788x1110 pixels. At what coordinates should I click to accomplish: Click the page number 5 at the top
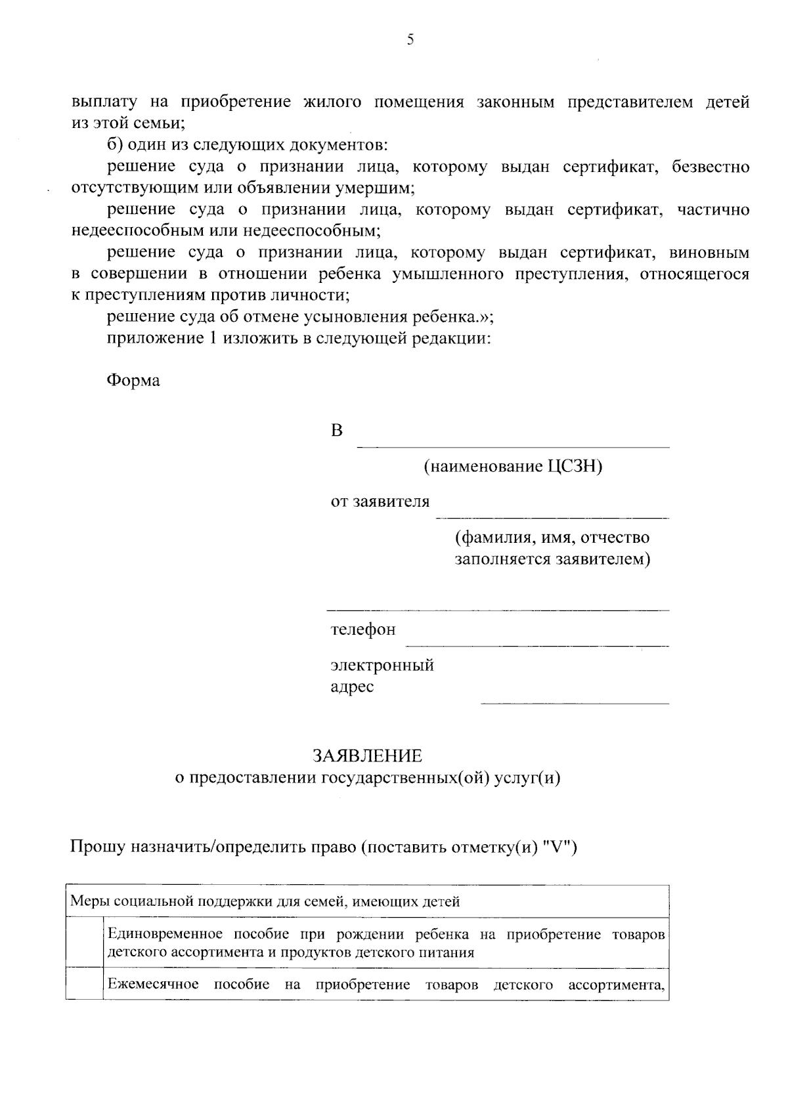click(410, 40)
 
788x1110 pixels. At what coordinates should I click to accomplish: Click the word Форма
click(133, 381)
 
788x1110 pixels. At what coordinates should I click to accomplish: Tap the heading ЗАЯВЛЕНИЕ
click(367, 756)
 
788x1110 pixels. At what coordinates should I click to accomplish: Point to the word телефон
click(362, 630)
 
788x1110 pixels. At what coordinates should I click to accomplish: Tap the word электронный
click(382, 666)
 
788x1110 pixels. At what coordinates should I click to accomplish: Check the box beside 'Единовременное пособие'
click(85, 943)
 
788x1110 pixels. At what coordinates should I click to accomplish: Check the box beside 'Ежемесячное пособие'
click(85, 985)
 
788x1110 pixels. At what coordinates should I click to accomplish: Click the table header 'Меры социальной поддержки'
click(265, 901)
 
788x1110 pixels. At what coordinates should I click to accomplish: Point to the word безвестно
click(711, 167)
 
